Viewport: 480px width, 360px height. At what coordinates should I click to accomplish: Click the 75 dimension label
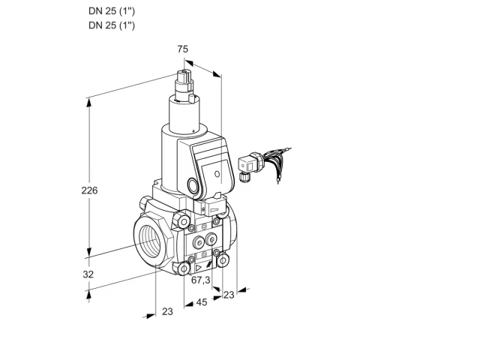[183, 49]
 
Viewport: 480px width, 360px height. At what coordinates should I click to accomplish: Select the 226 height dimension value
[89, 190]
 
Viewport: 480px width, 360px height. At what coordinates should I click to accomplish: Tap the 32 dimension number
[88, 274]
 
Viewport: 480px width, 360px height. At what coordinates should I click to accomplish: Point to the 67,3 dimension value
[201, 280]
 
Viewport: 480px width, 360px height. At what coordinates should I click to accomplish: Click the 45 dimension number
[202, 302]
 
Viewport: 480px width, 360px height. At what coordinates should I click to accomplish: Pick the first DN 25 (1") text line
[112, 11]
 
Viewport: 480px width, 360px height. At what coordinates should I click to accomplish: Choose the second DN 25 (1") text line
[112, 25]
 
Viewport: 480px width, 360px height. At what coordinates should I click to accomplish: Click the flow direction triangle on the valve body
[199, 268]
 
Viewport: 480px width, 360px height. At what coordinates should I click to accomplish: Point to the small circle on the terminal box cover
[217, 174]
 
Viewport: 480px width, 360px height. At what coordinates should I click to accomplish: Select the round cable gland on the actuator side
[193, 185]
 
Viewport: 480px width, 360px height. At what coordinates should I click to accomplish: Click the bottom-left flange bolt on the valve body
[184, 268]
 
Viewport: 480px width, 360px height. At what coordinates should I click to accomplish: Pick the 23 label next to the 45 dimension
[229, 295]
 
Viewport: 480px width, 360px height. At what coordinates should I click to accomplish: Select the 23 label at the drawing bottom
[167, 311]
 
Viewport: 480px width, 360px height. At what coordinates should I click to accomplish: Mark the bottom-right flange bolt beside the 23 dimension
[223, 260]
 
